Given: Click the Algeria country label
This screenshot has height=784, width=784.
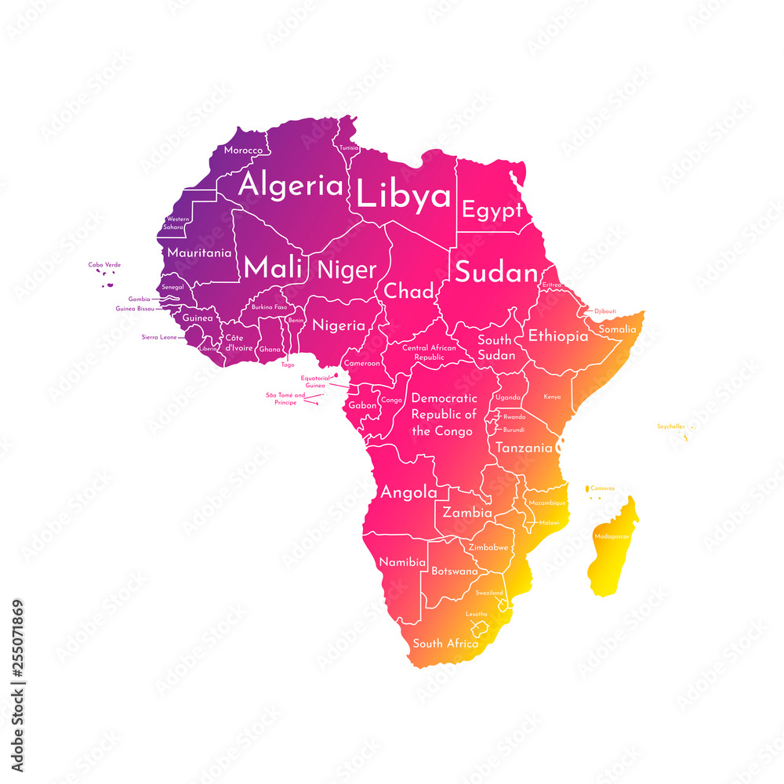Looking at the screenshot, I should click(x=291, y=186).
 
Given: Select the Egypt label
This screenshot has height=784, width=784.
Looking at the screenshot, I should click(x=492, y=210).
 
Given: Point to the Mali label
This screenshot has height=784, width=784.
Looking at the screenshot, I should click(x=273, y=268).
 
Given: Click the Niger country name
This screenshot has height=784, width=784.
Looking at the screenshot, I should click(x=347, y=270).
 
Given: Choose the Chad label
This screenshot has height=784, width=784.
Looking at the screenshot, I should click(x=408, y=292).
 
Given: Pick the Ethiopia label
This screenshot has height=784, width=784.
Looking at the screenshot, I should click(x=557, y=336).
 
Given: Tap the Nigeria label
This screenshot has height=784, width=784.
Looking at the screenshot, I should click(x=339, y=325).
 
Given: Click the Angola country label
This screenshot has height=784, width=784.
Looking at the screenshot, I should click(x=408, y=492).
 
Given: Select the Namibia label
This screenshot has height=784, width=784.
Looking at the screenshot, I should click(x=402, y=562).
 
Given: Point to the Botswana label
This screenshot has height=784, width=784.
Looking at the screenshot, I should click(x=455, y=571).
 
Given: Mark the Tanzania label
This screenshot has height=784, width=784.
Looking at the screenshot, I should click(x=524, y=448).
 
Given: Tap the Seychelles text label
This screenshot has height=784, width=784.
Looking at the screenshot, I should click(x=670, y=426).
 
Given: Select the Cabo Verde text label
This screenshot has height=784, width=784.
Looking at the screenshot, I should click(x=104, y=265).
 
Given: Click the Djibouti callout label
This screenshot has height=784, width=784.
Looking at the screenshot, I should click(x=604, y=311).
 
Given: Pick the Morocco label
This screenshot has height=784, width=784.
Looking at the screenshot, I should click(x=243, y=150).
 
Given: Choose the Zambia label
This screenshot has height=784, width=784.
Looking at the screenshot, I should click(x=467, y=513).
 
